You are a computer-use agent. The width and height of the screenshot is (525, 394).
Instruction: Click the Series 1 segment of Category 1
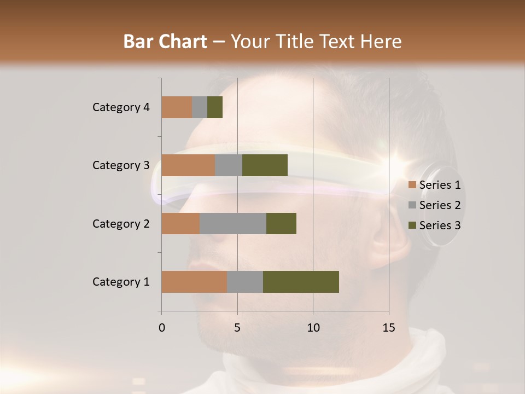(x=194, y=282)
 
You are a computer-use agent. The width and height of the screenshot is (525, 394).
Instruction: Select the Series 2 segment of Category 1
(x=245, y=282)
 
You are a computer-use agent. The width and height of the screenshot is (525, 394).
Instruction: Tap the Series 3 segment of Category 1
(x=301, y=282)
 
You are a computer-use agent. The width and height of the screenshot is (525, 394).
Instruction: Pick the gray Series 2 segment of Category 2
(x=233, y=223)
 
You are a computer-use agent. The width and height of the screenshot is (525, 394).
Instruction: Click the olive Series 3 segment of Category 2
(x=281, y=223)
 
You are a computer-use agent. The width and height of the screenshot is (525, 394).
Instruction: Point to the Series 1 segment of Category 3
(x=188, y=165)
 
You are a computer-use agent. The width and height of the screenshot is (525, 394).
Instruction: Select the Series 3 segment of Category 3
(x=265, y=165)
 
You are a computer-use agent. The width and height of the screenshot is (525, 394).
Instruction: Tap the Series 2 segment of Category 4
(x=200, y=107)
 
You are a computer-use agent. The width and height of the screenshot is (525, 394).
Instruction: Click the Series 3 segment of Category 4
(x=215, y=107)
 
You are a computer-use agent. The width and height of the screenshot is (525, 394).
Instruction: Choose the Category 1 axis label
(x=121, y=282)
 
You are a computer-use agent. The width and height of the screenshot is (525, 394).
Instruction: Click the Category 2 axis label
(x=121, y=223)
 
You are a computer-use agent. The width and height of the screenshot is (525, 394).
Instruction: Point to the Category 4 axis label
(x=121, y=107)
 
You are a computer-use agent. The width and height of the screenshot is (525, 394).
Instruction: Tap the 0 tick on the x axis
(x=162, y=328)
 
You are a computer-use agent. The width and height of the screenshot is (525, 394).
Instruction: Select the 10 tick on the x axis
(x=313, y=328)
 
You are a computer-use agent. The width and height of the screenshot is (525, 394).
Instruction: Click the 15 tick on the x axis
(x=389, y=328)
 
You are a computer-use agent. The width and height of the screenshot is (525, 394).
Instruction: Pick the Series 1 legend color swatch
(x=412, y=185)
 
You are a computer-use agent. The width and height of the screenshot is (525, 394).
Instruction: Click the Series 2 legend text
(x=440, y=205)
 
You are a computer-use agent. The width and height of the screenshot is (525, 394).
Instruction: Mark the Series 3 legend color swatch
(x=412, y=225)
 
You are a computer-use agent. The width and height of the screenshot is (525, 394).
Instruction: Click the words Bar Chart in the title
(x=165, y=41)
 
